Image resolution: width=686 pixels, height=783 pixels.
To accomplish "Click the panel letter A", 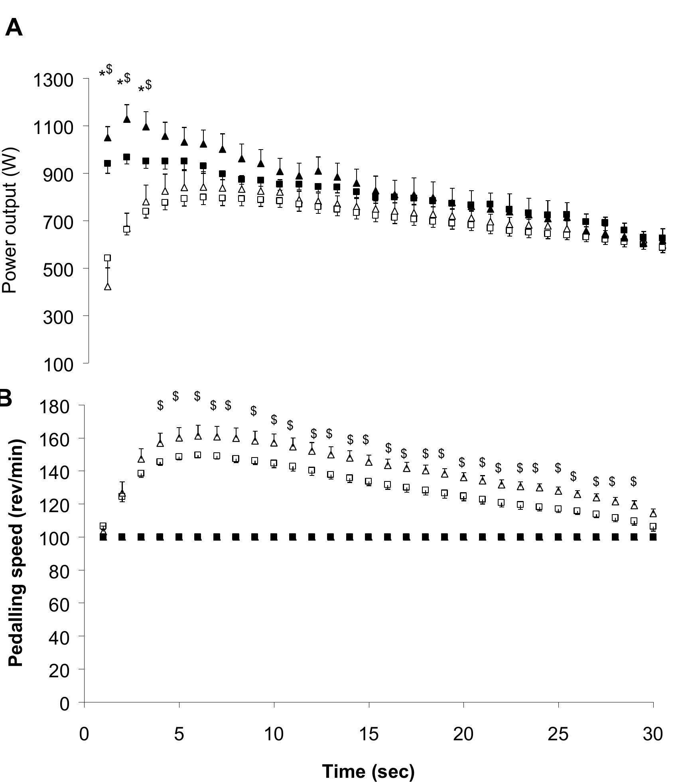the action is coord(14,28).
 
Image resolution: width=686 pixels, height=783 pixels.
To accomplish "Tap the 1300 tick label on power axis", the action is coord(53,80).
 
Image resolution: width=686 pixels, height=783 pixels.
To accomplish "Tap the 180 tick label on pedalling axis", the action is coord(54,406).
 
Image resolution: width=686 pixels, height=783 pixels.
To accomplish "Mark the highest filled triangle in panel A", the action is coord(127,119).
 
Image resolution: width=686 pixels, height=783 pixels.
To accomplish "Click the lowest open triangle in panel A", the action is coord(108,286).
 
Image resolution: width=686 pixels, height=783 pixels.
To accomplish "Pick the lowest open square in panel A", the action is coord(107,258).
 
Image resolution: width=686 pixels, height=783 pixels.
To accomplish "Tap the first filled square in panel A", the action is coord(107,164).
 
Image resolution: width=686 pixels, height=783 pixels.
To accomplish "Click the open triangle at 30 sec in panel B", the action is coord(653,513).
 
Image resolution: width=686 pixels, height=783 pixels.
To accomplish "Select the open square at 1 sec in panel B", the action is coord(103,526).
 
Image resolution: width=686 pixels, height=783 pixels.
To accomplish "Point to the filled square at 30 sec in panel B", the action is coord(653,537).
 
